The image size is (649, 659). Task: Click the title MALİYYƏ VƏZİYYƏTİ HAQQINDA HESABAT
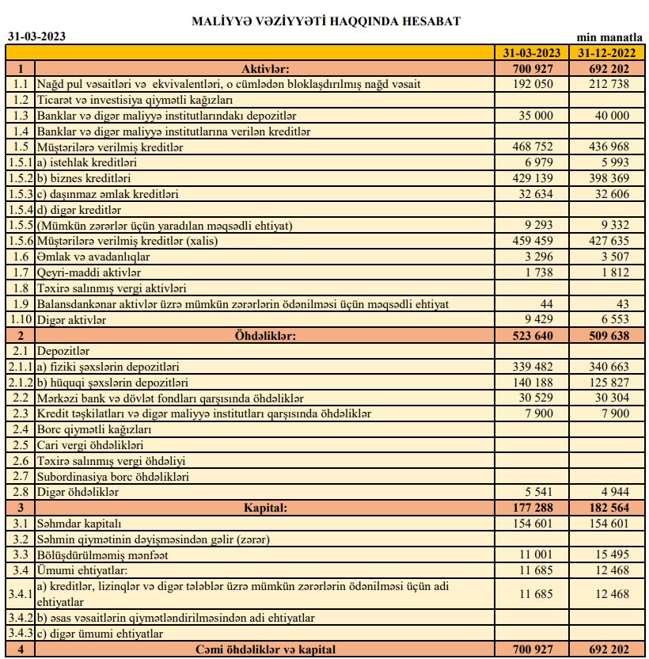[x=325, y=21]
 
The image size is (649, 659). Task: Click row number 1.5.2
[x=20, y=178]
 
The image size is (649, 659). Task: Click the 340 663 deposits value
[x=609, y=367]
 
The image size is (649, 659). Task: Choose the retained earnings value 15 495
[x=613, y=555]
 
